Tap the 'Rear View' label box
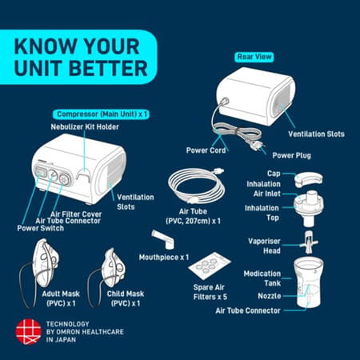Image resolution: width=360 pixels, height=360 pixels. tap(254, 57)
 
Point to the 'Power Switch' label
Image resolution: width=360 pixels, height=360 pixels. tap(38, 228)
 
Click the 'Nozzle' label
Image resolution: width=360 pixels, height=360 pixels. tap(268, 296)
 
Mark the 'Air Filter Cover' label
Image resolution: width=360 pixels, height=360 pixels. tap(76, 214)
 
